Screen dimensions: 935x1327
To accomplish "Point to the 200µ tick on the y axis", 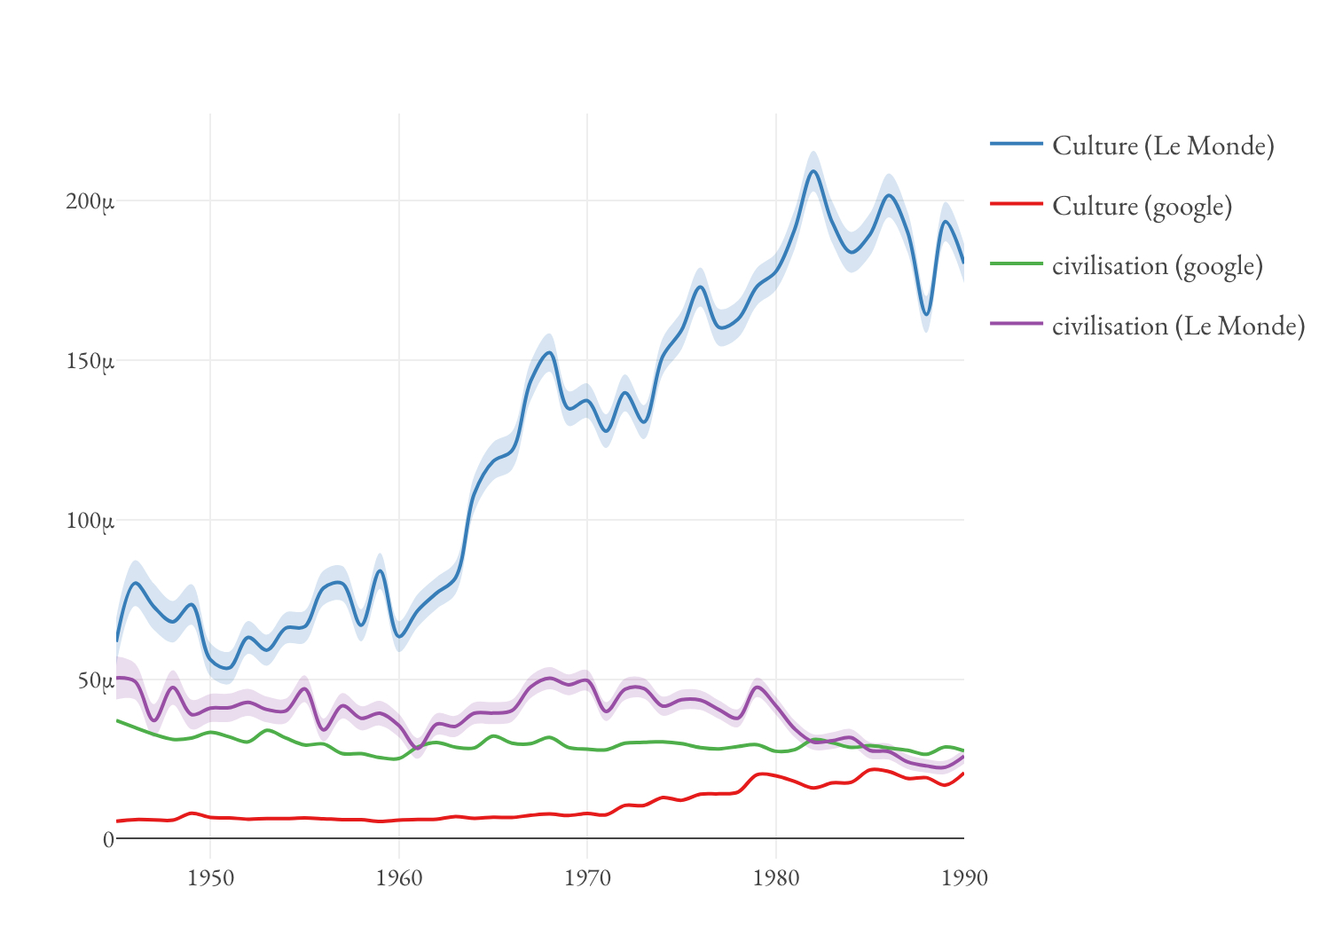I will [90, 202].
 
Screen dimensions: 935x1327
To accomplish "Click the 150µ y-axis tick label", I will [90, 362].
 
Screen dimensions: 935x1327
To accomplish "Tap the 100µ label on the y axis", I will [90, 522].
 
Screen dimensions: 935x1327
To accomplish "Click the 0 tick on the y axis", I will [108, 839].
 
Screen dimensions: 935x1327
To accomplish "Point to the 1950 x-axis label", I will [210, 878].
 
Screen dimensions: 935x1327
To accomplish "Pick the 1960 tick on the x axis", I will [399, 878].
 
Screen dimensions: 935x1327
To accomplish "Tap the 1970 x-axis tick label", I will [587, 878].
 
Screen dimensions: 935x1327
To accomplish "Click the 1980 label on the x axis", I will [776, 878].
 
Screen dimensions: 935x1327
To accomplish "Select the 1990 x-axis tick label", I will [964, 878].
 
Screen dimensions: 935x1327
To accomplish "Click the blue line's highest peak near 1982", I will [813, 171].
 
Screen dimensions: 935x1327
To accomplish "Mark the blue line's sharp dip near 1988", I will [926, 314].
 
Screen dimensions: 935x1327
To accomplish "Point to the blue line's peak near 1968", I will [550, 353].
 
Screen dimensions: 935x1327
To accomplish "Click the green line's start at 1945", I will [117, 720].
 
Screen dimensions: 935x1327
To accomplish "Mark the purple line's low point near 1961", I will [417, 748].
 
